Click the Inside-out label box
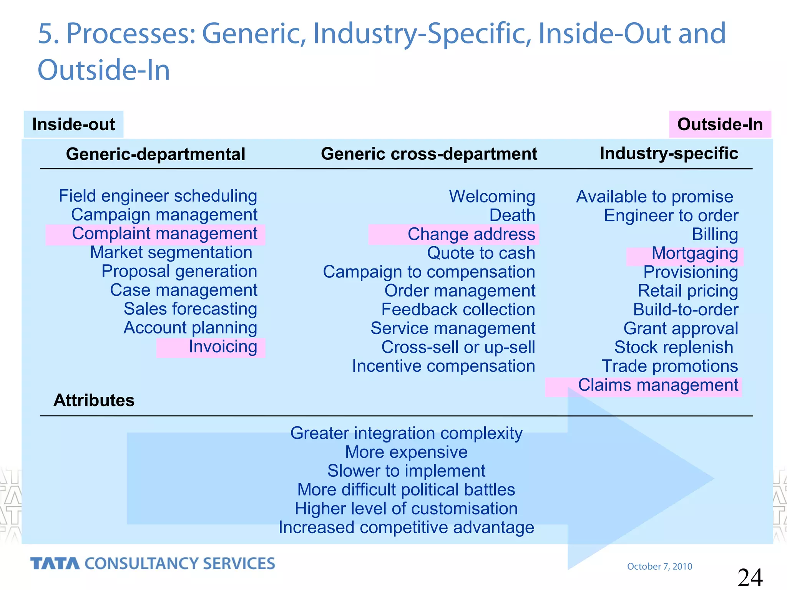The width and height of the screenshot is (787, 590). (x=73, y=124)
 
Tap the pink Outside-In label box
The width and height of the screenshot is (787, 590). (x=720, y=124)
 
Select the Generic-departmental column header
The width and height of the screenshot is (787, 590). (x=155, y=154)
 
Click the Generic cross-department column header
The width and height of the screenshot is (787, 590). (x=429, y=154)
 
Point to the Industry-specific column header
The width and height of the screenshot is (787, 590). (x=669, y=153)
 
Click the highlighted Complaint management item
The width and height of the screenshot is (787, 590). (x=164, y=234)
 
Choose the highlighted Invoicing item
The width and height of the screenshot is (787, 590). (x=222, y=347)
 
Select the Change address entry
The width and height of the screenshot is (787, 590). (x=471, y=234)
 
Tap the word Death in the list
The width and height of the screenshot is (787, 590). (x=512, y=215)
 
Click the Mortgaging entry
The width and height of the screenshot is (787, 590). (x=694, y=254)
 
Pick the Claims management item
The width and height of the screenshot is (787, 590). (x=658, y=385)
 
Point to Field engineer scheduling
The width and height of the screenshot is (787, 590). (x=158, y=196)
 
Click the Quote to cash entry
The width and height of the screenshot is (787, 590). (x=481, y=253)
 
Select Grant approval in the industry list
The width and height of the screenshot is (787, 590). (x=681, y=329)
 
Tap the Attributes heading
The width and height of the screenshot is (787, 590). (x=94, y=400)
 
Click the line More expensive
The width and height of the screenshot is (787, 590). (x=406, y=452)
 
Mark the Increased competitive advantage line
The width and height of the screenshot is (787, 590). (x=406, y=527)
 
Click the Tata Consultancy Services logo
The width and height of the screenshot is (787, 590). (x=153, y=563)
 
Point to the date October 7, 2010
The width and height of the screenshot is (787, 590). (x=659, y=566)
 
